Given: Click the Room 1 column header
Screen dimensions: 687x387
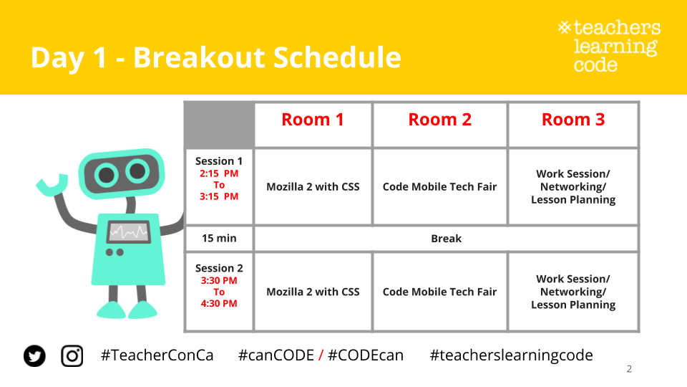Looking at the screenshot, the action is [x=313, y=120].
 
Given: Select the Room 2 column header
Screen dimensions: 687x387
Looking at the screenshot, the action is [x=440, y=120].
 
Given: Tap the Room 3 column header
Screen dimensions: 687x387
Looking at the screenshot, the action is [x=573, y=120].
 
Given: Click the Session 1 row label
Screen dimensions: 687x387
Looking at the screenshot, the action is [x=219, y=161].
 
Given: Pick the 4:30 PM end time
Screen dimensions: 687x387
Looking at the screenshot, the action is [x=219, y=303].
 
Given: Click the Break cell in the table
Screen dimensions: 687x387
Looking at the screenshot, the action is [x=446, y=238].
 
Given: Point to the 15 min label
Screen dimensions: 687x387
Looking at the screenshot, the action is [x=219, y=238].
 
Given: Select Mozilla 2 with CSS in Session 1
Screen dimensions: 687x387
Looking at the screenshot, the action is [x=313, y=186].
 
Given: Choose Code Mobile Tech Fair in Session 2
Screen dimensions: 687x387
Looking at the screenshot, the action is [x=439, y=292].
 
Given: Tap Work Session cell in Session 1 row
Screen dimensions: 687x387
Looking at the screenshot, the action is [x=573, y=186].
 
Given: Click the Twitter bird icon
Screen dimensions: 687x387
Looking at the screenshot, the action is [x=34, y=355].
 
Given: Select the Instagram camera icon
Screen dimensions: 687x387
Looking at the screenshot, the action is [x=72, y=355].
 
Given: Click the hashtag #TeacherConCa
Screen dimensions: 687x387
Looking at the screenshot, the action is [x=157, y=355].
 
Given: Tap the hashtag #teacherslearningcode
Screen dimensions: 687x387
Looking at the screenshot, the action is [x=511, y=355].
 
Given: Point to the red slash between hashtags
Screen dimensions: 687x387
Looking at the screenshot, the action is [x=321, y=355].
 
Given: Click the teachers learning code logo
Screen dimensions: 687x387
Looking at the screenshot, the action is [x=610, y=46].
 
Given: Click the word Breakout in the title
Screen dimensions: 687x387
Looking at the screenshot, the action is [x=200, y=57].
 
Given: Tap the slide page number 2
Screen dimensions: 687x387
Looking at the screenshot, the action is [x=629, y=369].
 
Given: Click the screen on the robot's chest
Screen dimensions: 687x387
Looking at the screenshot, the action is [x=129, y=231].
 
